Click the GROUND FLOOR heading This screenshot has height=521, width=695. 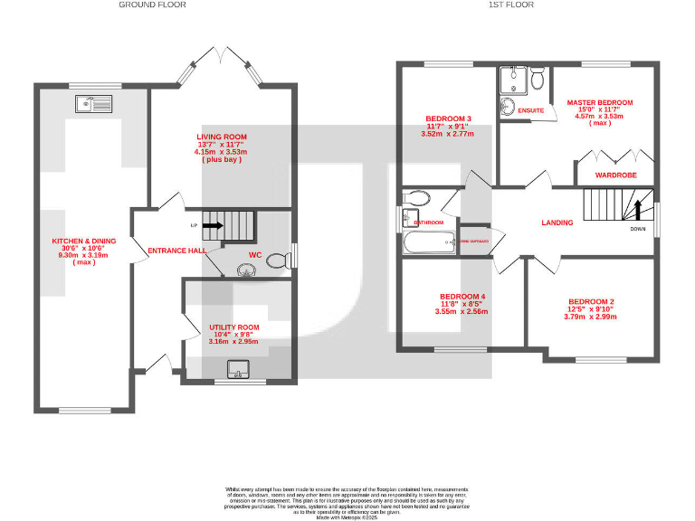pyautogui.click(x=152, y=5)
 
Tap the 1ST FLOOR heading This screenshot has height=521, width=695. pyautogui.click(x=510, y=5)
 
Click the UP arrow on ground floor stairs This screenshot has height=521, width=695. pyautogui.click(x=213, y=225)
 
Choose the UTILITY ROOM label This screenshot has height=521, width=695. pyautogui.click(x=234, y=327)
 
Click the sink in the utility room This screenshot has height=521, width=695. pyautogui.click(x=239, y=368)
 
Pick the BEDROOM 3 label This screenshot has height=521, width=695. pyautogui.click(x=449, y=118)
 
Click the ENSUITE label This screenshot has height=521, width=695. pyautogui.click(x=531, y=110)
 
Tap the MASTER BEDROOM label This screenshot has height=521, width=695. pyautogui.click(x=599, y=103)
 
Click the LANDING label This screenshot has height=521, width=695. pyautogui.click(x=557, y=223)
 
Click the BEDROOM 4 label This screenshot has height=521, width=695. pyautogui.click(x=462, y=297)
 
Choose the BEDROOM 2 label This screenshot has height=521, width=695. pyautogui.click(x=591, y=301)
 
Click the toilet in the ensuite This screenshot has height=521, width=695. pyautogui.click(x=538, y=80)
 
